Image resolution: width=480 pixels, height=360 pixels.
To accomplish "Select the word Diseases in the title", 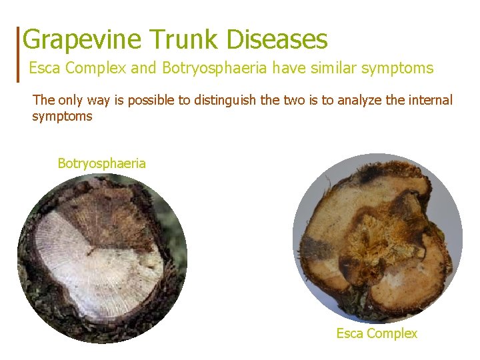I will point(277,40).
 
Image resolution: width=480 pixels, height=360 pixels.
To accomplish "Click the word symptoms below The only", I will point(62,117).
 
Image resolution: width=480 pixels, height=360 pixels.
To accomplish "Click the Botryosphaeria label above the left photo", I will point(101,163).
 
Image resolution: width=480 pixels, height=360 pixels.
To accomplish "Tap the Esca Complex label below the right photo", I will point(377,333).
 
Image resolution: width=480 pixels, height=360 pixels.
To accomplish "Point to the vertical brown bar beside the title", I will point(19,53).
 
